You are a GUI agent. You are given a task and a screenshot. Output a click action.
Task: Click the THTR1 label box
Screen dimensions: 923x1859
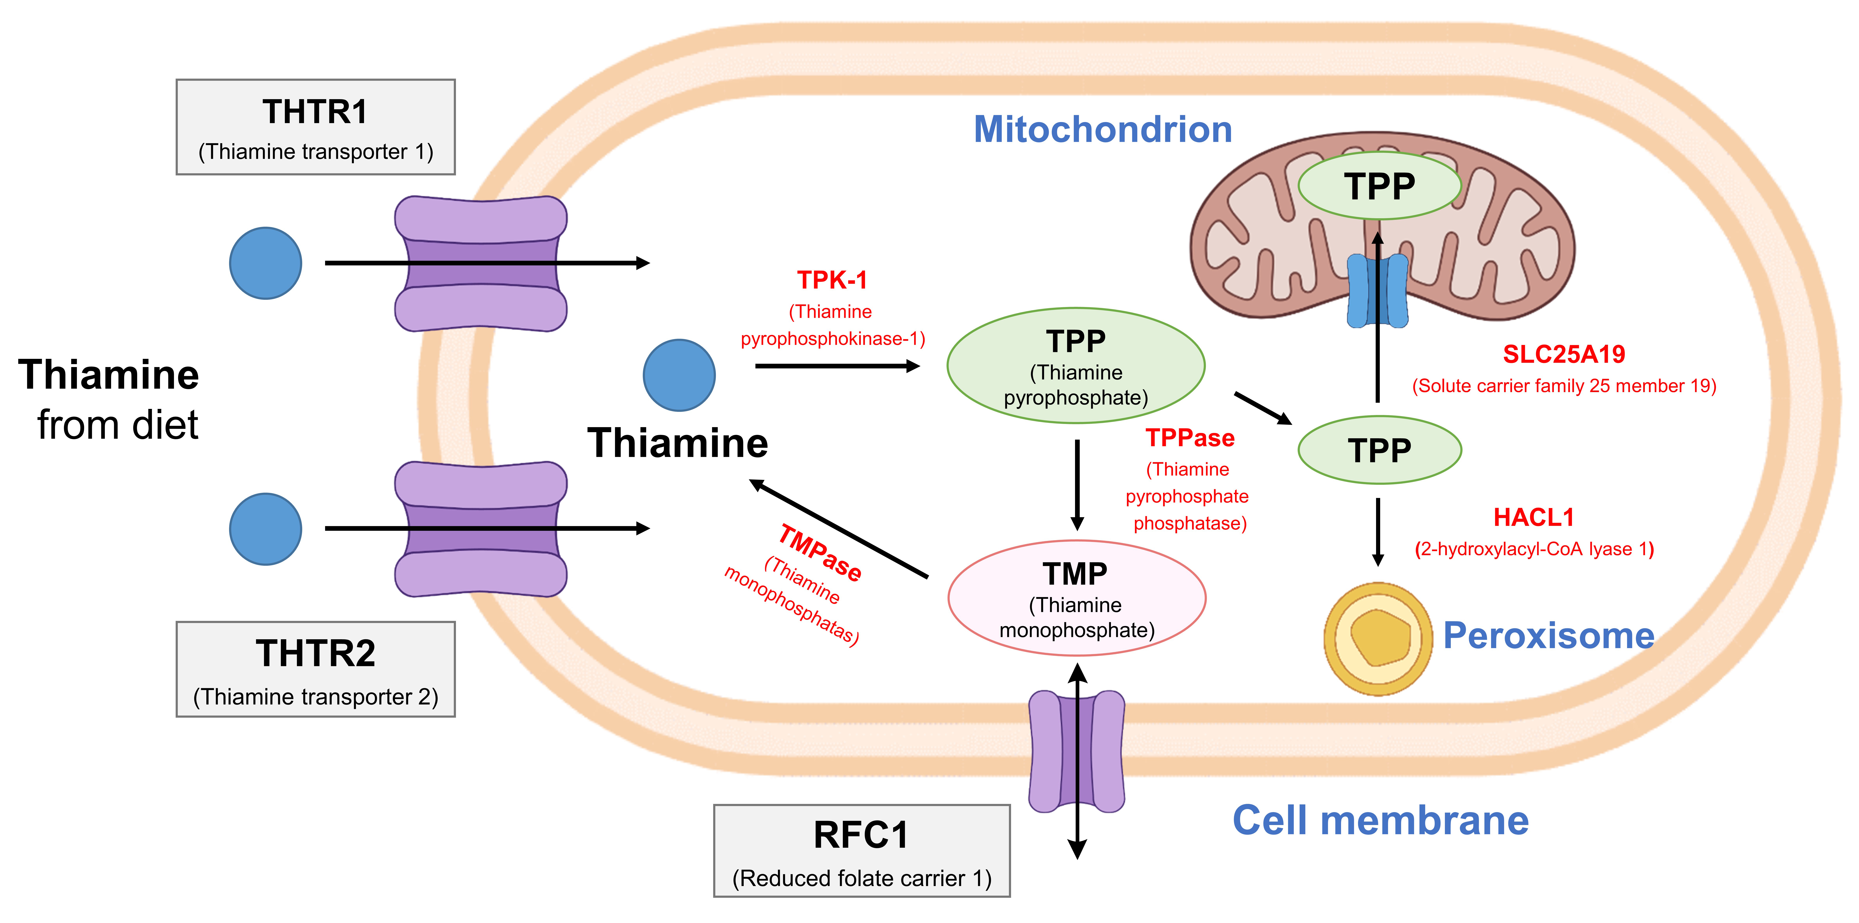pyautogui.click(x=315, y=127)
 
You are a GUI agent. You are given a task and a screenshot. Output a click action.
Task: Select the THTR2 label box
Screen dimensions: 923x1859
pyautogui.click(x=315, y=669)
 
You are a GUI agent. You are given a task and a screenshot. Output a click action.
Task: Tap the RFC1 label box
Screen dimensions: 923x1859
pyautogui.click(x=862, y=851)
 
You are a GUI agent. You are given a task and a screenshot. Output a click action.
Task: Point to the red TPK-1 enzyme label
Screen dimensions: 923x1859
pyautogui.click(x=832, y=280)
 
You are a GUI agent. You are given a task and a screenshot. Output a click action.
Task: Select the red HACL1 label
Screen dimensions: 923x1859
pyautogui.click(x=1534, y=517)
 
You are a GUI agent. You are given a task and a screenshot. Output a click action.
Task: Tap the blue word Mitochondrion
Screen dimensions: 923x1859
pyautogui.click(x=1103, y=130)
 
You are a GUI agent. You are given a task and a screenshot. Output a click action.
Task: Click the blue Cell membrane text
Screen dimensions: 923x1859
pyautogui.click(x=1380, y=821)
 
